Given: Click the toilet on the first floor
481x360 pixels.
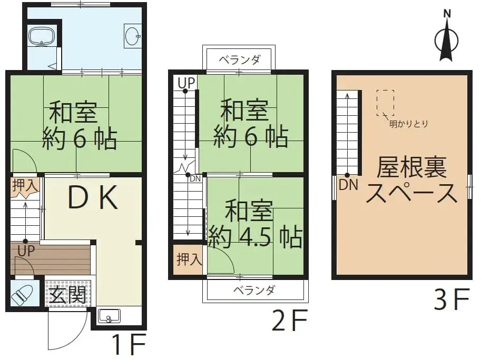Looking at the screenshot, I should [x=23, y=295].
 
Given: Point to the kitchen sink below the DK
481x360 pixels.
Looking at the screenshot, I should [x=109, y=317].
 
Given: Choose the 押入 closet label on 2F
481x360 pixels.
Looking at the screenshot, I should [x=188, y=259].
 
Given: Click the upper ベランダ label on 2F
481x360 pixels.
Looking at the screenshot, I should [x=239, y=59].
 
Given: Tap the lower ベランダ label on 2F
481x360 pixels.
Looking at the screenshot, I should [x=256, y=290].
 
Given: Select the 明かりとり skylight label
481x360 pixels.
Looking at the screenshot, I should [x=408, y=124].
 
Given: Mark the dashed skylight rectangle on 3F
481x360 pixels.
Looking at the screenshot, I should [x=385, y=103].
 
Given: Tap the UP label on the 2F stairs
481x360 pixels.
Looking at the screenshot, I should [x=185, y=82].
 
